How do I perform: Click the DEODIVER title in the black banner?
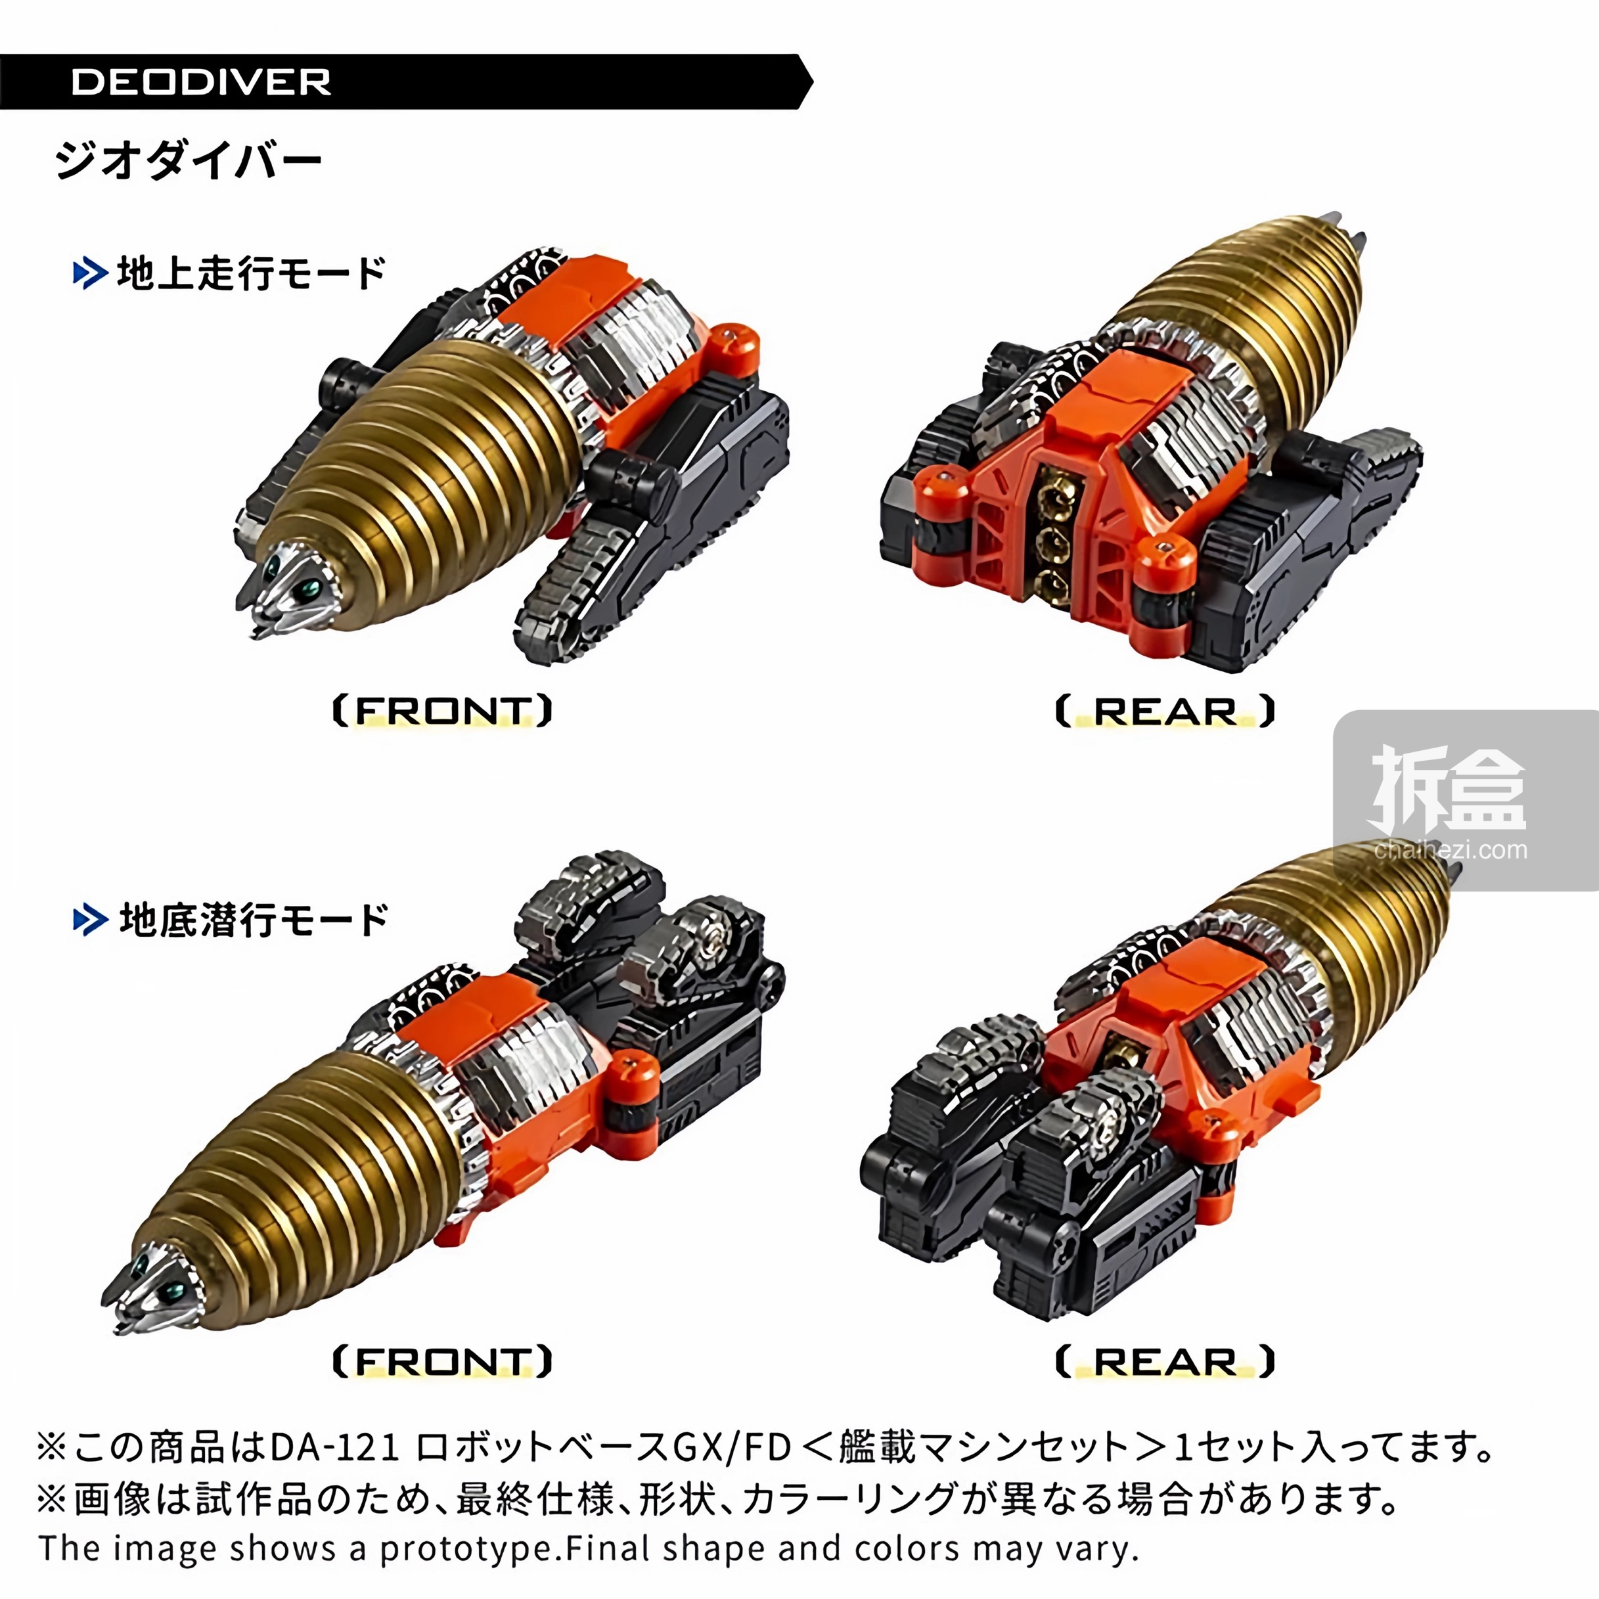pos(201,82)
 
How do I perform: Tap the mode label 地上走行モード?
pos(252,273)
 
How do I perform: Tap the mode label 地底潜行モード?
pos(254,920)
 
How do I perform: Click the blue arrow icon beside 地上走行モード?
pos(90,274)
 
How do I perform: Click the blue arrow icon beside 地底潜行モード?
pos(90,920)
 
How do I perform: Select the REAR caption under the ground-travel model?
pos(1165,711)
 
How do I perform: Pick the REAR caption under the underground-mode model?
pos(1165,1361)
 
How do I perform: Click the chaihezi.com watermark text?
pos(1451,850)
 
